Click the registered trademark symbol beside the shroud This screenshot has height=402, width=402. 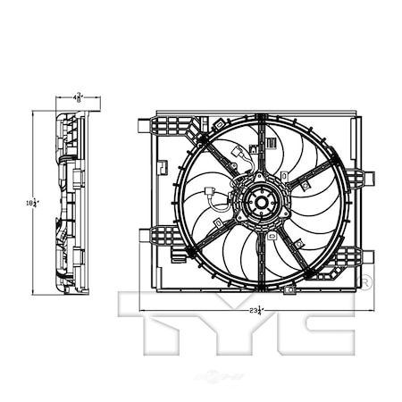pos(366,283)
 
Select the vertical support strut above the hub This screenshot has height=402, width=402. pos(260,147)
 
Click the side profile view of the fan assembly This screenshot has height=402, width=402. pos(66,205)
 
